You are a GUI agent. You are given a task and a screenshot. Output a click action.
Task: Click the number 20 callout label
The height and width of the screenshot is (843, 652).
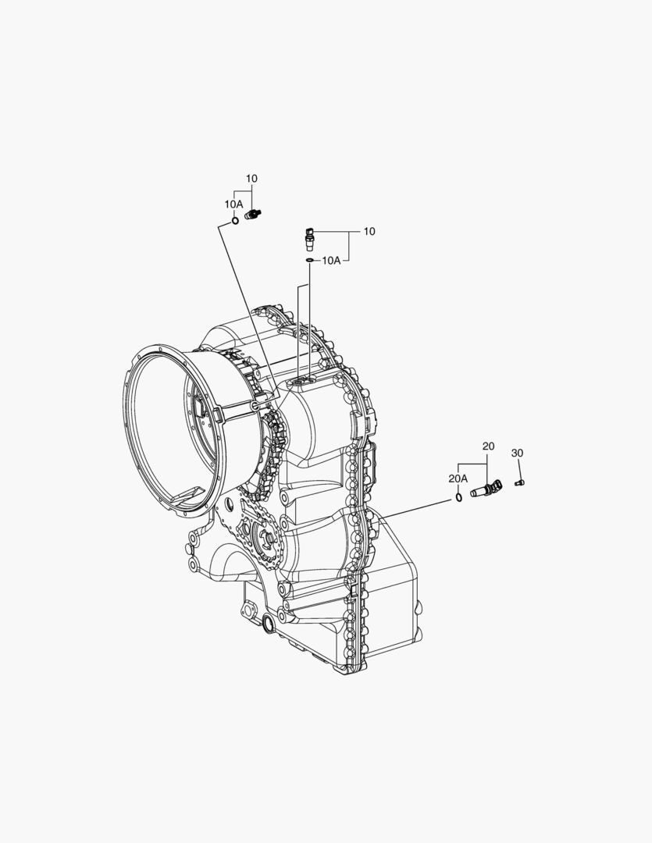[x=488, y=446]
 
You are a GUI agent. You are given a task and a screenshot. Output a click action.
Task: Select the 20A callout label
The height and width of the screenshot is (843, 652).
[x=458, y=478]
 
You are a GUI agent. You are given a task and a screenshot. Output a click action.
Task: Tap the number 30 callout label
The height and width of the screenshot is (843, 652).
[x=516, y=454]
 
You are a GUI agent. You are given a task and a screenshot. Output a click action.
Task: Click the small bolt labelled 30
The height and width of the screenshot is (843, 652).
[x=520, y=483]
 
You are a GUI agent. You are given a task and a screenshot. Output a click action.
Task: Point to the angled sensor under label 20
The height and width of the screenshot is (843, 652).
[x=486, y=489]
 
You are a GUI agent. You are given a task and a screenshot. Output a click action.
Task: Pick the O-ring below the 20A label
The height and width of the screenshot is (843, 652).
[x=458, y=496]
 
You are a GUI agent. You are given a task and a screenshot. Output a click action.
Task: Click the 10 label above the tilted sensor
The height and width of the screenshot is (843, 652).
[x=251, y=179]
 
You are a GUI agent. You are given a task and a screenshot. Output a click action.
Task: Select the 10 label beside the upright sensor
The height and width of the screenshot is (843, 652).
[x=369, y=232]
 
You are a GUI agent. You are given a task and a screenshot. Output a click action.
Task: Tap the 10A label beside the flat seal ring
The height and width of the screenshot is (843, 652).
[x=331, y=261]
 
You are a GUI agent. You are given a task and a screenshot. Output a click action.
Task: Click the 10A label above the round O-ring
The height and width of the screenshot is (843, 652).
[x=234, y=205]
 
